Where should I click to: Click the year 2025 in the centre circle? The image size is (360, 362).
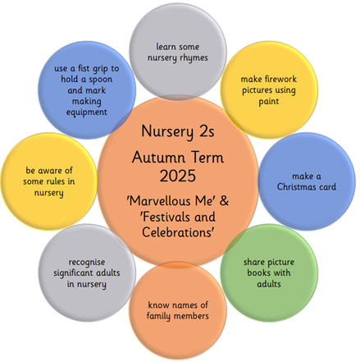pyautogui.click(x=178, y=176)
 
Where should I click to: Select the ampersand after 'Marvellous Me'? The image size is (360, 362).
pyautogui.click(x=224, y=200)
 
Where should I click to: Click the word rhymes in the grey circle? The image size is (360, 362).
pyautogui.click(x=194, y=58)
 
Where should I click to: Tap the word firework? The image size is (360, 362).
pyautogui.click(x=280, y=79)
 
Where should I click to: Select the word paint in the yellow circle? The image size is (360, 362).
pyautogui.click(x=269, y=102)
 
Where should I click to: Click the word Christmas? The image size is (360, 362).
pyautogui.click(x=294, y=186)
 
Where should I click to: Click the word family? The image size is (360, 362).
pyautogui.click(x=159, y=316)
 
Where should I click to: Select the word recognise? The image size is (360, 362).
pyautogui.click(x=87, y=262)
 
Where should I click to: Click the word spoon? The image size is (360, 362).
pyautogui.click(x=100, y=80)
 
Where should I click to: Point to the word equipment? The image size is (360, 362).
pyautogui.click(x=87, y=112)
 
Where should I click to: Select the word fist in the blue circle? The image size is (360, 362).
pyautogui.click(x=84, y=68)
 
